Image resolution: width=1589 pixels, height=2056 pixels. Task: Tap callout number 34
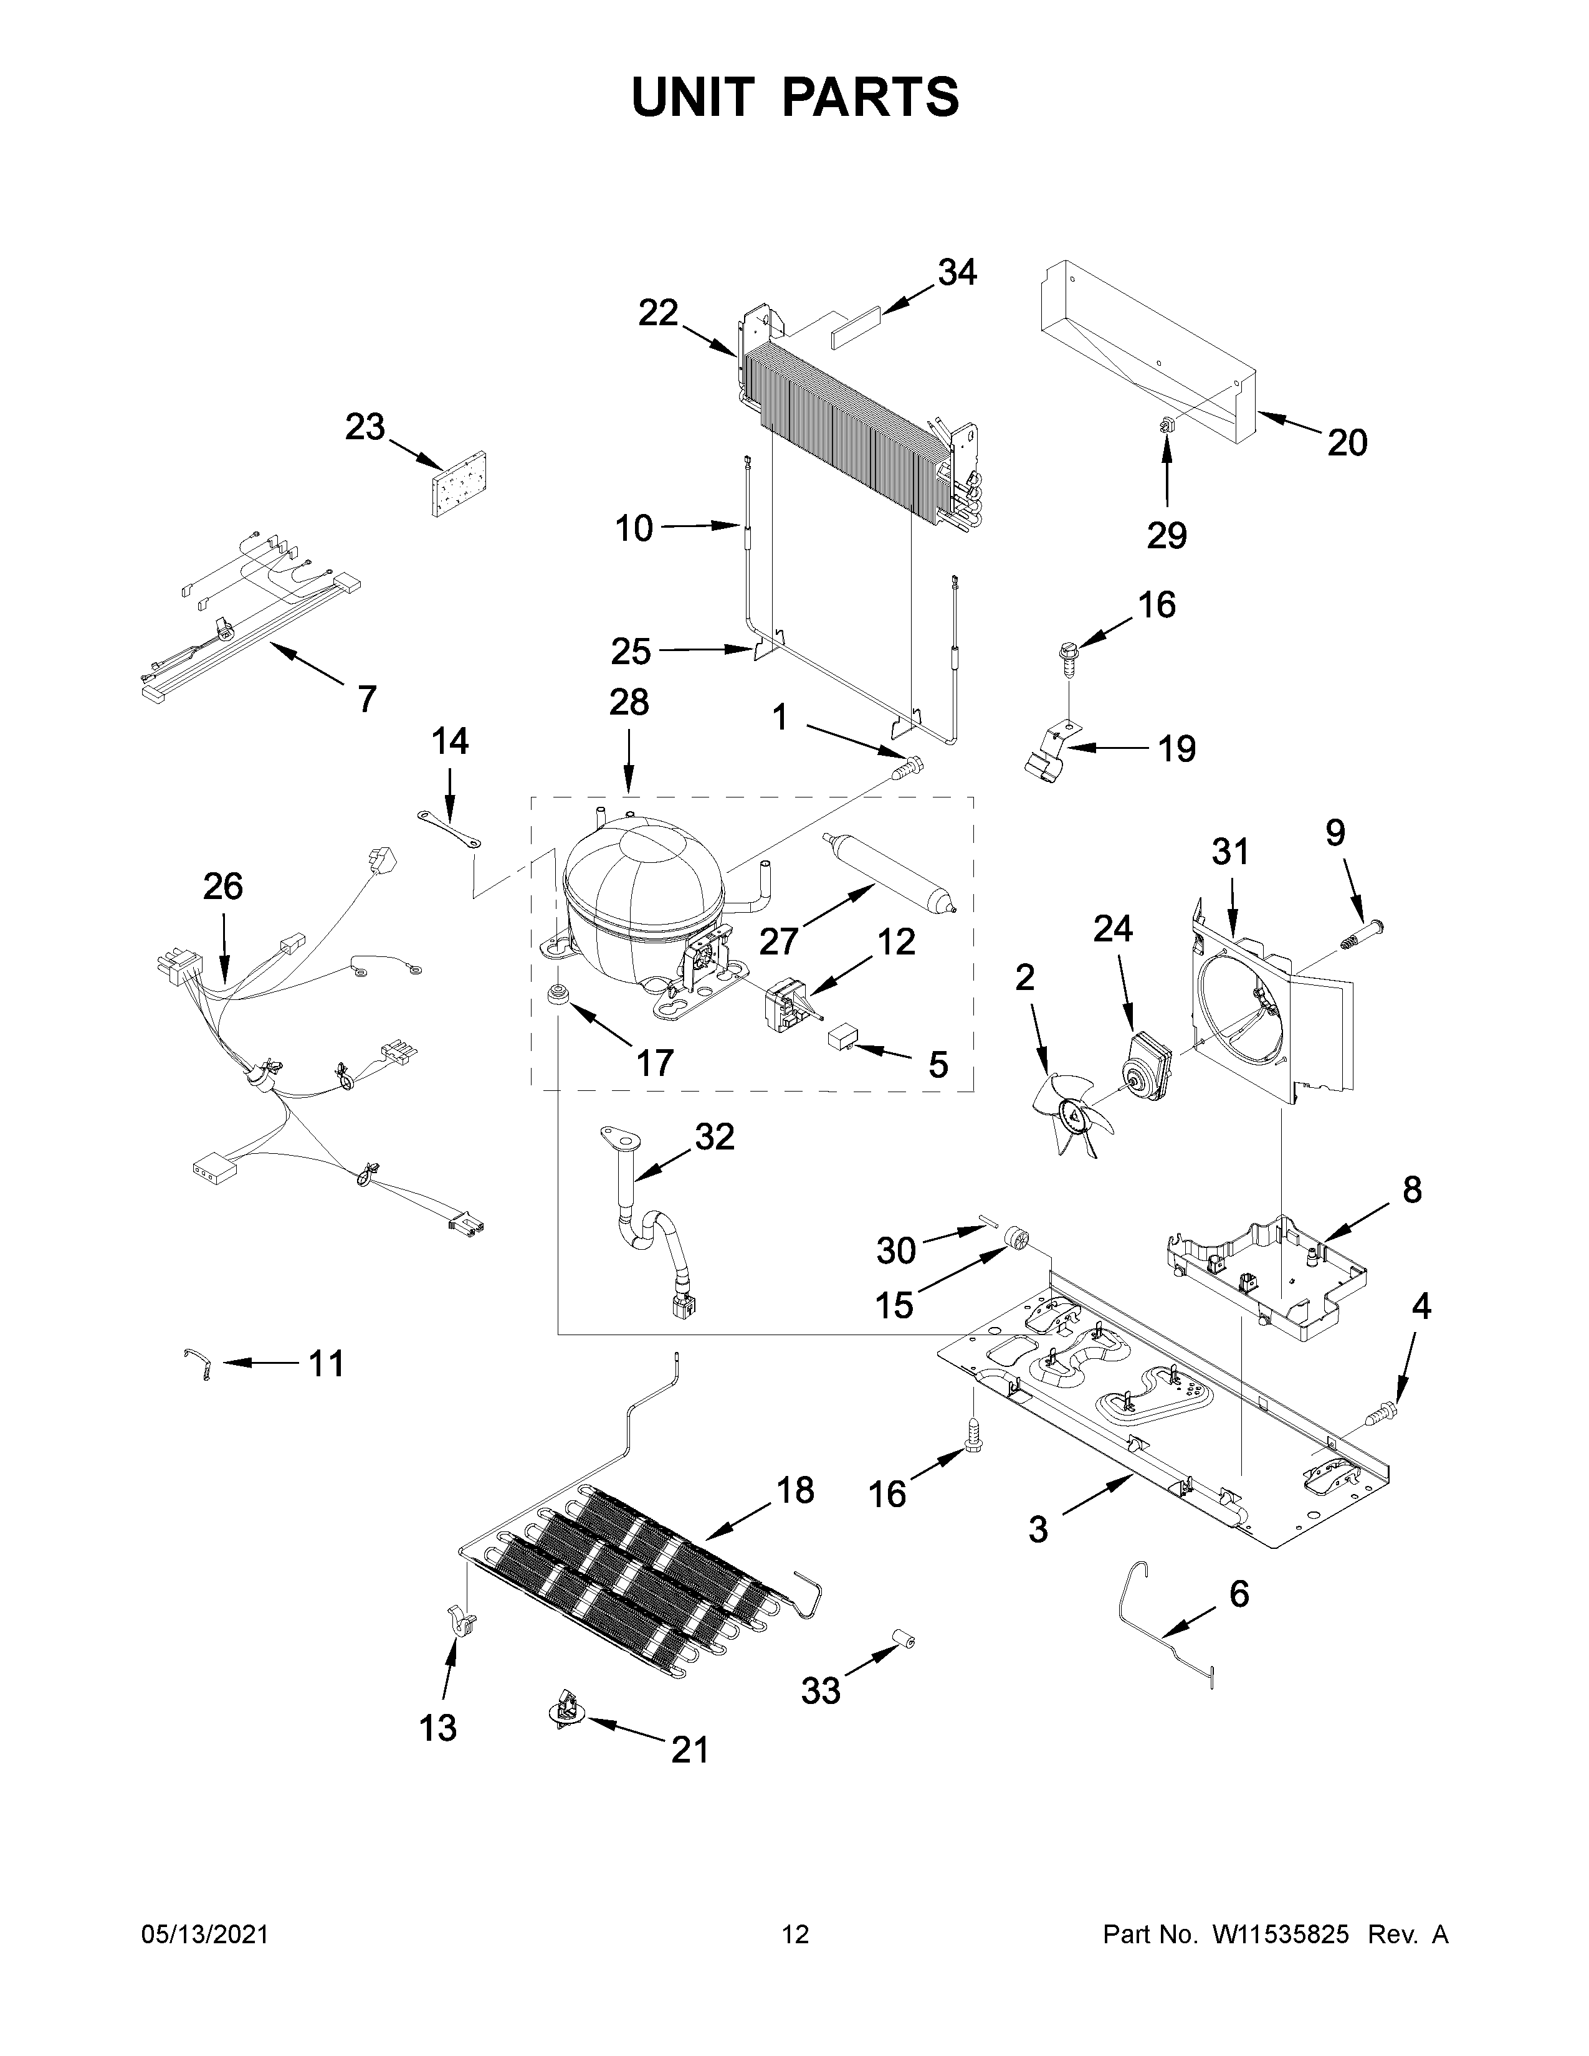coord(957,273)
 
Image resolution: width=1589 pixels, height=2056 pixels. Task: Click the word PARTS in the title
coord(870,97)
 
